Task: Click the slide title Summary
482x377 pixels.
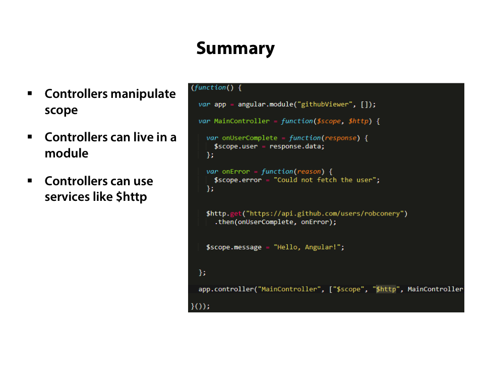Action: click(x=235, y=48)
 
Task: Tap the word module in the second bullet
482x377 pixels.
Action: click(x=67, y=153)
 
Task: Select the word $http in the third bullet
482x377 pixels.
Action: click(x=131, y=197)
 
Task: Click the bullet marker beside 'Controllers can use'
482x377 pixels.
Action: click(x=30, y=180)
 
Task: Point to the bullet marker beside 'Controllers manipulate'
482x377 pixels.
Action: click(x=30, y=93)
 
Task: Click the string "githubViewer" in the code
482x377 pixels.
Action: click(x=325, y=104)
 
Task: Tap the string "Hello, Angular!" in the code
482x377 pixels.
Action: click(x=309, y=247)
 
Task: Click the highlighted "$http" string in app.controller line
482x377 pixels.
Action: click(x=386, y=289)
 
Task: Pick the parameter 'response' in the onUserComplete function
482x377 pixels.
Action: click(x=340, y=138)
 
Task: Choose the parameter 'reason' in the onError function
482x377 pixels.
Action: click(x=309, y=172)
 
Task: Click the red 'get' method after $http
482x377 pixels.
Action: click(x=236, y=213)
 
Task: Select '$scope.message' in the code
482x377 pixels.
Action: click(x=234, y=247)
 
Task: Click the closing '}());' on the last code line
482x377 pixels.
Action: click(x=200, y=306)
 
